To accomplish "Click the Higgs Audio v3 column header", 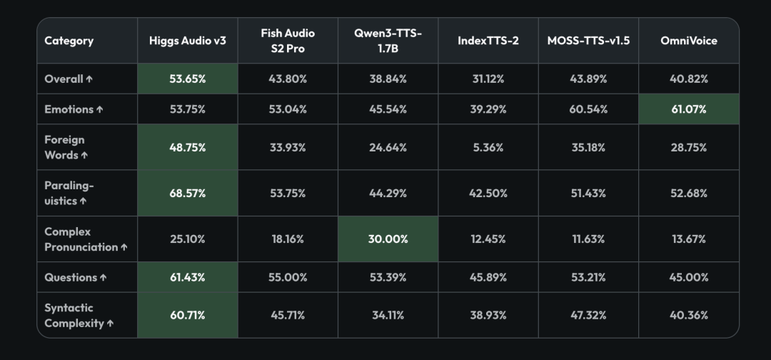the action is (x=187, y=40).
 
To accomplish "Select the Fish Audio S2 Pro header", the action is (x=288, y=41).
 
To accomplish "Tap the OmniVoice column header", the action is (x=688, y=40).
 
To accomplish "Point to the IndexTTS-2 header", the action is (x=488, y=40).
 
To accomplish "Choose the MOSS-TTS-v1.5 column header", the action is (x=588, y=40).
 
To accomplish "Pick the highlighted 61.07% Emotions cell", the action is (x=688, y=109).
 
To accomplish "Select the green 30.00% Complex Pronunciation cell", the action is (x=388, y=239).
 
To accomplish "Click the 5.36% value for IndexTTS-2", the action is (x=488, y=147).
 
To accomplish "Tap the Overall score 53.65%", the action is (x=187, y=79).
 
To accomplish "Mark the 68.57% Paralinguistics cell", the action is (x=187, y=194).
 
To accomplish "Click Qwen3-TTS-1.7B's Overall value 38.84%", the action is (x=388, y=79).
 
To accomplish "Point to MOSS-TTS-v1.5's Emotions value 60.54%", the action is (x=588, y=109).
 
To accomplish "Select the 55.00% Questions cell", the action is (x=288, y=277).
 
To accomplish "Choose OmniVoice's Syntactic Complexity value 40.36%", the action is (x=688, y=315).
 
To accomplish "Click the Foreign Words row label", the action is (x=66, y=147).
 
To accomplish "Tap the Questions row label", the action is (x=75, y=277).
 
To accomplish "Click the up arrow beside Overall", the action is (x=89, y=79).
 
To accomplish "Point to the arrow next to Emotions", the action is (x=99, y=109).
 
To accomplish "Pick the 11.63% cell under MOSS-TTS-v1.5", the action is (x=588, y=239).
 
